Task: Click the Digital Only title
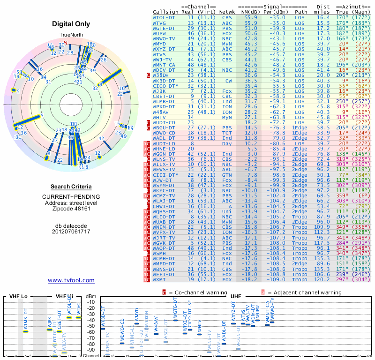pos(71,24)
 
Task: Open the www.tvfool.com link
pos(71,280)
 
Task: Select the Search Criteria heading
pos(71,187)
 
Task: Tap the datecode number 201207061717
pos(71,232)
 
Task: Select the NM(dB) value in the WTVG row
pos(250,22)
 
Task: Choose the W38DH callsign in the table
pos(162,75)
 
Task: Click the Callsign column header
pos(166,11)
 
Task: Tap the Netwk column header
pos(227,11)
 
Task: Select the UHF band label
pos(236,296)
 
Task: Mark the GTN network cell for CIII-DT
pos(227,174)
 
